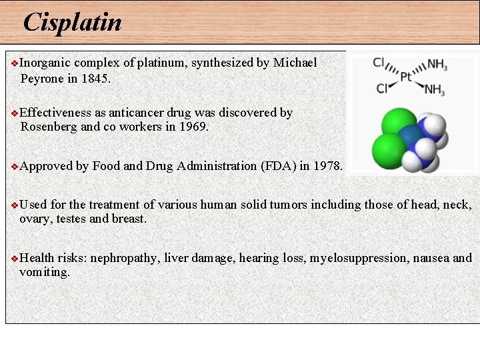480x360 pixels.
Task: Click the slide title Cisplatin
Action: point(72,23)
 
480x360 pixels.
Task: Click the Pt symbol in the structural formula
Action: point(406,77)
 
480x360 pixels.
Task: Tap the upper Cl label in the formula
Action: point(379,63)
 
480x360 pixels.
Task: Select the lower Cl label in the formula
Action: point(383,88)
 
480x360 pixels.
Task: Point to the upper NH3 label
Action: point(437,65)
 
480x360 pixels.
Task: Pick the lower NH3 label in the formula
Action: point(434,89)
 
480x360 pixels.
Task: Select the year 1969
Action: point(193,127)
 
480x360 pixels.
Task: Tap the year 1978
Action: point(325,166)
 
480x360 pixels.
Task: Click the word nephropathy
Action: point(125,258)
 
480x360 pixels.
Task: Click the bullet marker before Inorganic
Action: point(14,64)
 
